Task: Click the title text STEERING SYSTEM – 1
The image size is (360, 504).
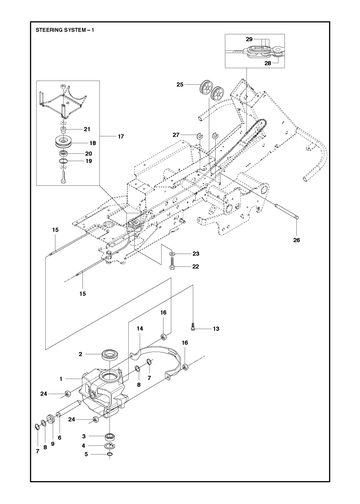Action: tap(65, 30)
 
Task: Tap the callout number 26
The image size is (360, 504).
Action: tap(296, 240)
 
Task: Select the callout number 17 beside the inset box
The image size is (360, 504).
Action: tap(121, 136)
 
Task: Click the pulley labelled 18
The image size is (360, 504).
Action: tap(66, 141)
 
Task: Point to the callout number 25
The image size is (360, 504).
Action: tap(180, 85)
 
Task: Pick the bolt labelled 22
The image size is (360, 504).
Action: tap(172, 266)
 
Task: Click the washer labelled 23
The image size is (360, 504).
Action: tap(172, 254)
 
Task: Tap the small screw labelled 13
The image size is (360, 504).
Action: tap(193, 328)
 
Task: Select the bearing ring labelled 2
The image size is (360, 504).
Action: tap(109, 354)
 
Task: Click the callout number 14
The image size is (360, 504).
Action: tap(140, 329)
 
